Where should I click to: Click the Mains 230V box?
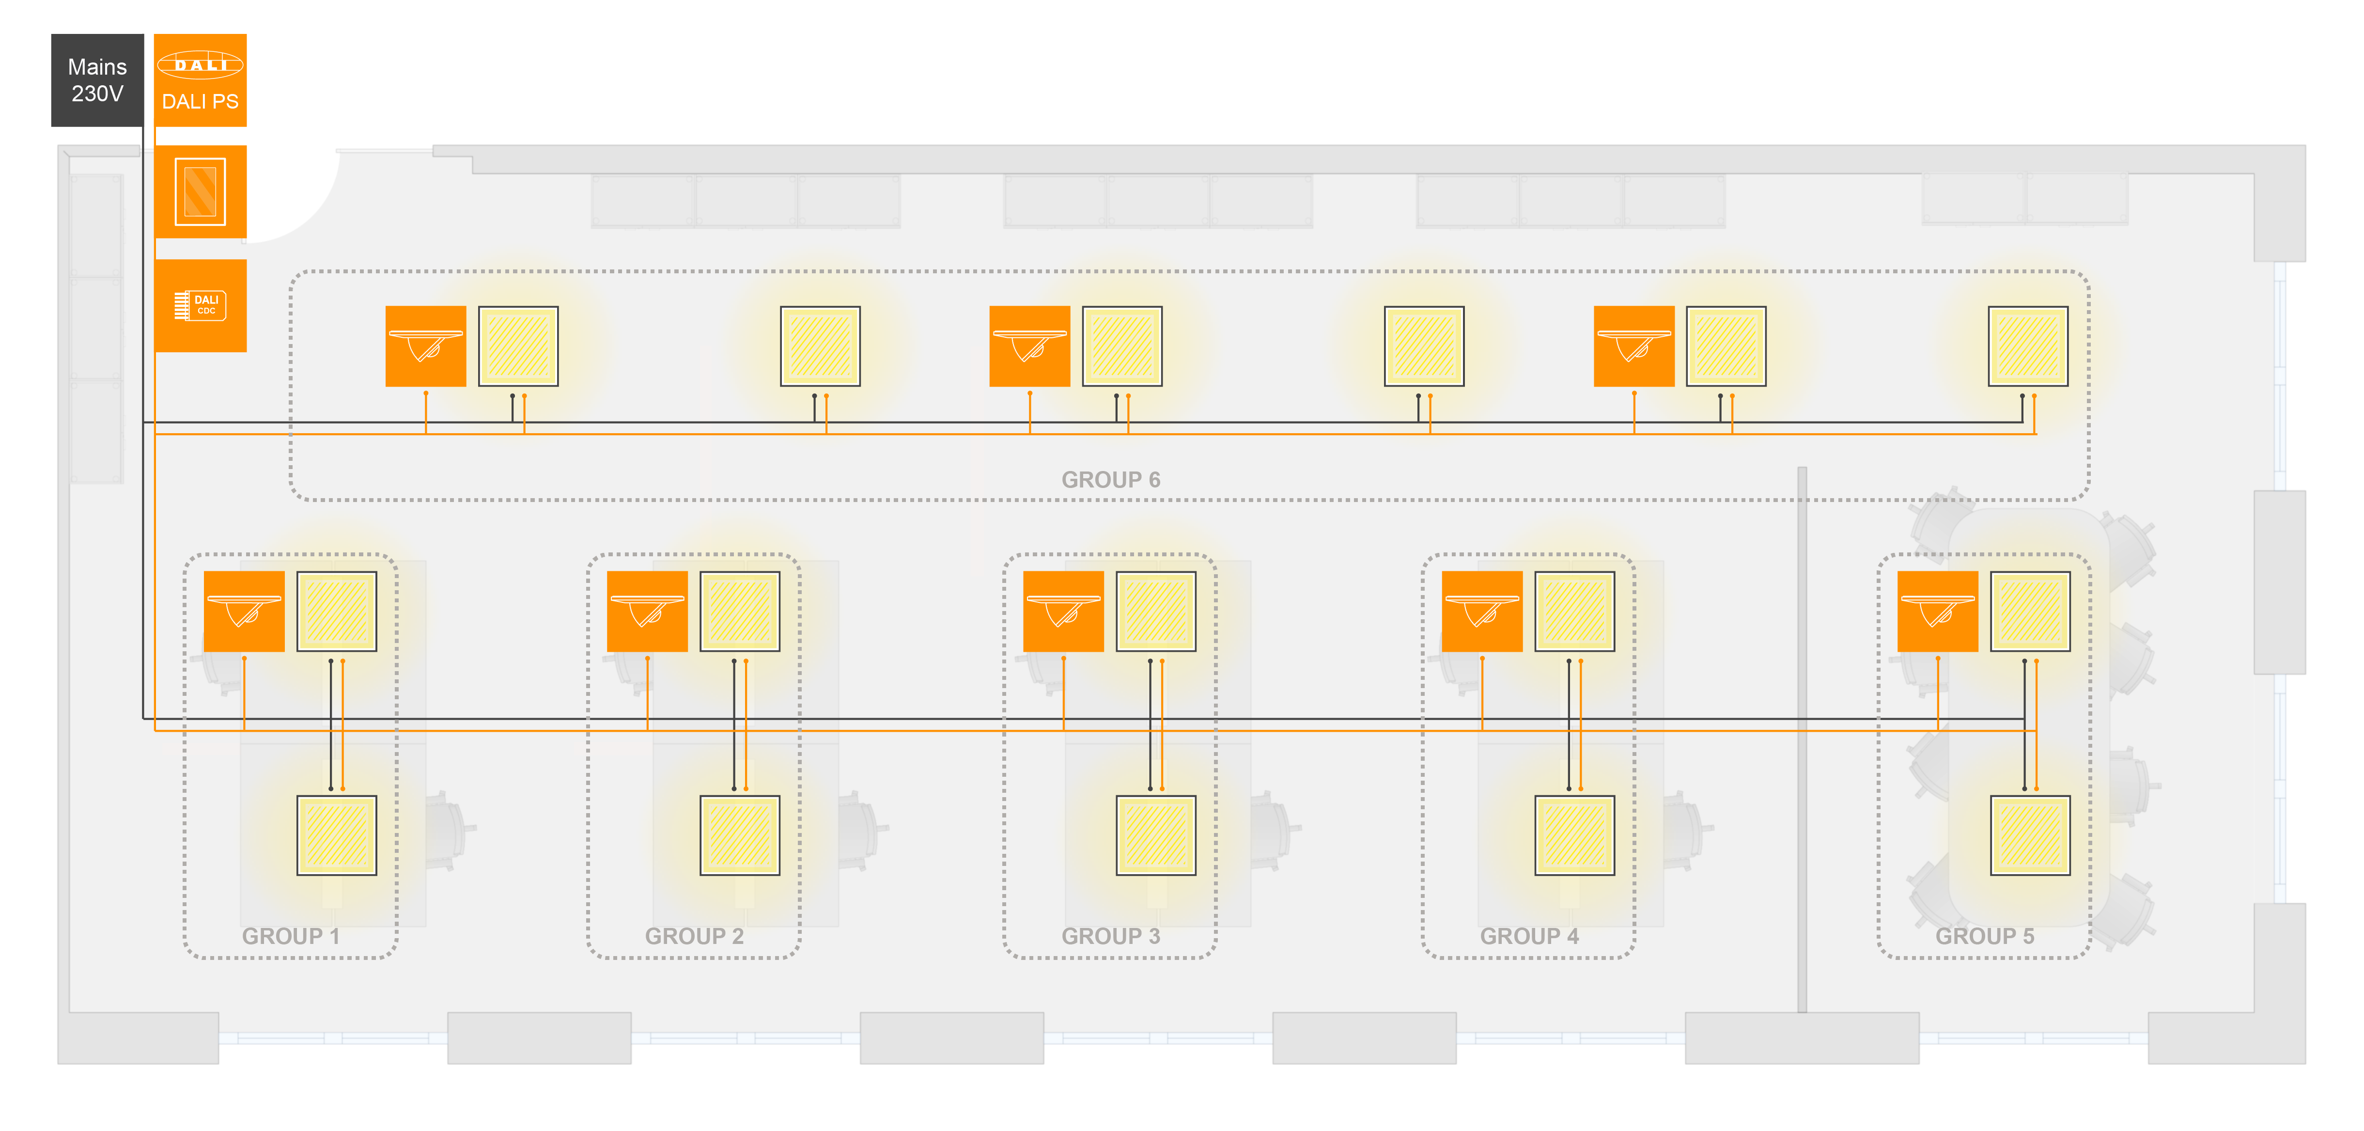coord(97,80)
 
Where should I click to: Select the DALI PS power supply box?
coord(200,80)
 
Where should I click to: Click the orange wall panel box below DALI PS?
coord(200,192)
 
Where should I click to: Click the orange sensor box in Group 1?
coord(244,612)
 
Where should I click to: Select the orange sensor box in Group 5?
coord(1937,612)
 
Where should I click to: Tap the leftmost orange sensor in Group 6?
coord(426,346)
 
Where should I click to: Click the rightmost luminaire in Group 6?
coord(2028,346)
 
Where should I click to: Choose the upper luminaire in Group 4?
coord(1575,612)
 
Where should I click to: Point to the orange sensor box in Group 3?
coord(1064,612)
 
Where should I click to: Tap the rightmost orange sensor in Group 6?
coord(1634,346)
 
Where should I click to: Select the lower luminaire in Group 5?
coord(2030,835)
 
